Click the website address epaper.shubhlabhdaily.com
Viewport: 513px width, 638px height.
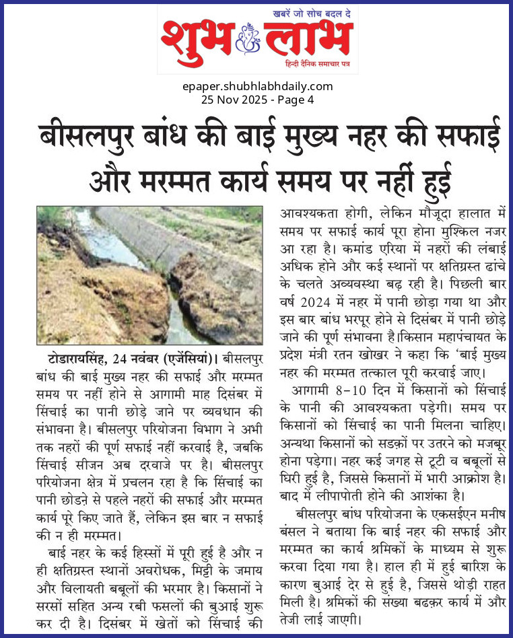pos(258,86)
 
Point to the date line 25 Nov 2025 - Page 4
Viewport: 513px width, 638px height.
pos(258,100)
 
